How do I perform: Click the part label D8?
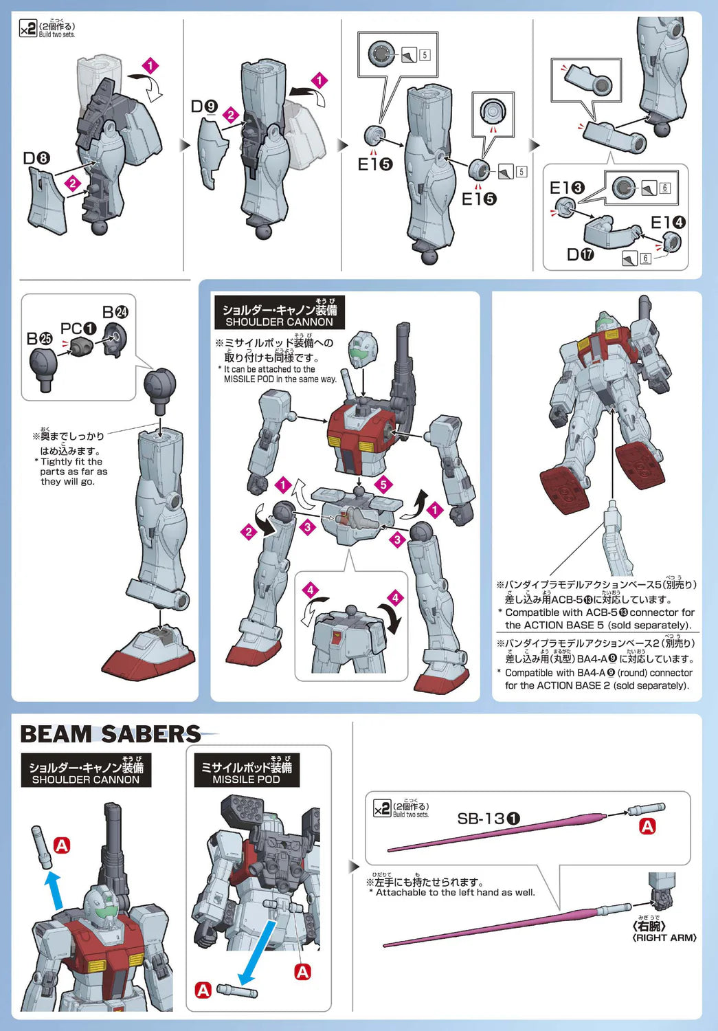coord(36,158)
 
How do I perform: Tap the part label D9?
coord(204,107)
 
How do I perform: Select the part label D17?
coord(581,254)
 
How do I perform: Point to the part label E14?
coord(668,223)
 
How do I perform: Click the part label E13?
coord(567,188)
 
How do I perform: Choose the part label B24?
coord(115,312)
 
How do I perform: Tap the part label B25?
coord(40,339)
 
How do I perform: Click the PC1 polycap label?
coord(78,329)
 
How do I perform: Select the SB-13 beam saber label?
coord(489,819)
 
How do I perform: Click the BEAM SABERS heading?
coord(111,733)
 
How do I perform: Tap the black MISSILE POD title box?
coord(247,771)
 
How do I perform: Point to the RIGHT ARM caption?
coord(664,938)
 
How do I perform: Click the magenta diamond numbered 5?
coord(383,484)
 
